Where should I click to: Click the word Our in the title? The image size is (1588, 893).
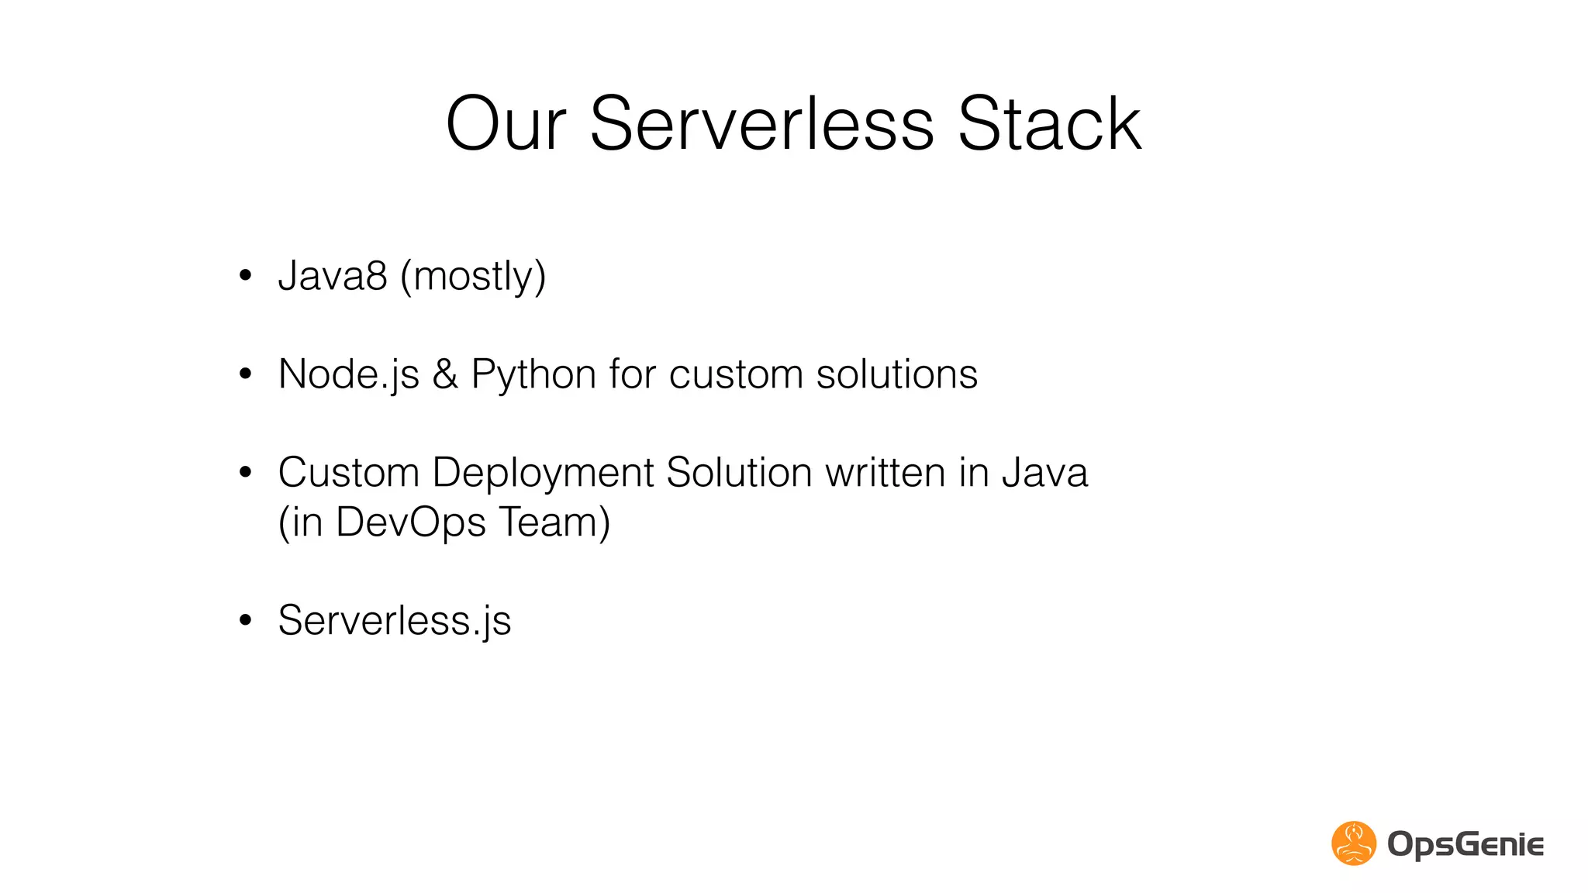506,124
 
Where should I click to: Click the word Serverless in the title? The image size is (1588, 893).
761,124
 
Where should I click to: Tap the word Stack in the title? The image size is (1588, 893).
1049,124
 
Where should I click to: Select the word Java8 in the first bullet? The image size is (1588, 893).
333,276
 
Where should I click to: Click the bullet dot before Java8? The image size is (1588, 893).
246,276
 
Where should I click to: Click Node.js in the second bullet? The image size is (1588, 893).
348,375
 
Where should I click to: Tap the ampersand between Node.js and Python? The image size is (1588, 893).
445,374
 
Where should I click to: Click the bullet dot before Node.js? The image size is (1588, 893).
246,374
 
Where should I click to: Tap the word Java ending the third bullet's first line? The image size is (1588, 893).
1044,473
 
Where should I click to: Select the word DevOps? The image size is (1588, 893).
411,522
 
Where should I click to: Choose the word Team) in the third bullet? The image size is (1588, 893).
554,522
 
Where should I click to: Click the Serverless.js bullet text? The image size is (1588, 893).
394,621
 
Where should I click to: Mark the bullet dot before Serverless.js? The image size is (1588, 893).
246,620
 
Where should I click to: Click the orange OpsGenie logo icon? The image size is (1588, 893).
1353,843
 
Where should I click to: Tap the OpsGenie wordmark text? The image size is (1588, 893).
1465,844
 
